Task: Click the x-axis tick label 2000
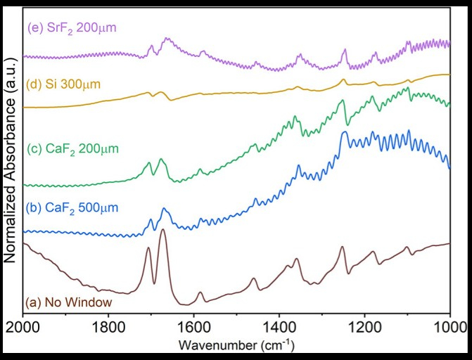(x=23, y=326)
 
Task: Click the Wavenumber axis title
(x=236, y=345)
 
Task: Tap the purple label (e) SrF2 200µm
(x=70, y=29)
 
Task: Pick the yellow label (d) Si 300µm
(x=63, y=84)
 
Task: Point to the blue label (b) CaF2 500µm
(x=70, y=207)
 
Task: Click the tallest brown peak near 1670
(x=162, y=230)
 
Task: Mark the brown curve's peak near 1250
(x=342, y=247)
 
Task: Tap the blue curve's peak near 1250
(x=344, y=131)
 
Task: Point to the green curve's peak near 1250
(x=343, y=101)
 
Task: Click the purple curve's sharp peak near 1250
(x=345, y=50)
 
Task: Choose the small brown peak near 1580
(x=200, y=292)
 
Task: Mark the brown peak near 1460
(x=254, y=278)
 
